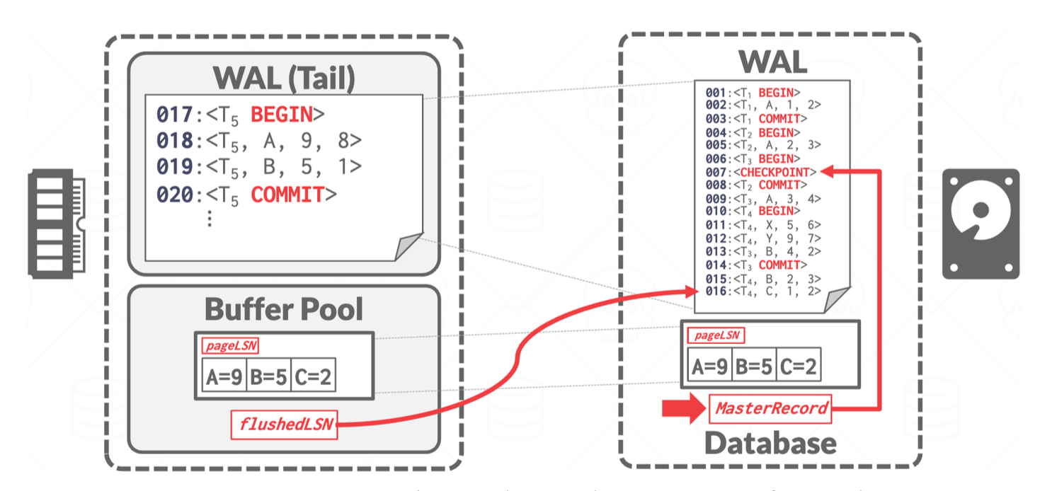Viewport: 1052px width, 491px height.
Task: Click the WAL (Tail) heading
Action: [x=284, y=77]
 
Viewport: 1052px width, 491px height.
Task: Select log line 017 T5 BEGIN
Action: [x=241, y=114]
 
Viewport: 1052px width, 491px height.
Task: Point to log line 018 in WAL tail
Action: [x=259, y=140]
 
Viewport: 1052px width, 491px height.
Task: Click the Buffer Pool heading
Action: [x=284, y=309]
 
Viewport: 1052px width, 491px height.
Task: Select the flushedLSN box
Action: [x=285, y=424]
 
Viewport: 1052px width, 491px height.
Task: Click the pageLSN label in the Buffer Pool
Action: [x=230, y=346]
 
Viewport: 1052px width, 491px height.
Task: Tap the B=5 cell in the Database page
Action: [x=753, y=366]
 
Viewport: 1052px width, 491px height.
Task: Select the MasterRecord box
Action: [x=770, y=408]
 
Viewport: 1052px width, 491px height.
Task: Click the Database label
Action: [x=770, y=444]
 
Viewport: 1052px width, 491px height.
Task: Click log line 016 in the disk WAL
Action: [x=763, y=291]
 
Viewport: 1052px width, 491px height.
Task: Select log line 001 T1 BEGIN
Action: [x=753, y=92]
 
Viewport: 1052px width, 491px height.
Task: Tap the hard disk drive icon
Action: [x=980, y=223]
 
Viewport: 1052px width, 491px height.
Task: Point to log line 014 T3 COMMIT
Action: [x=756, y=265]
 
